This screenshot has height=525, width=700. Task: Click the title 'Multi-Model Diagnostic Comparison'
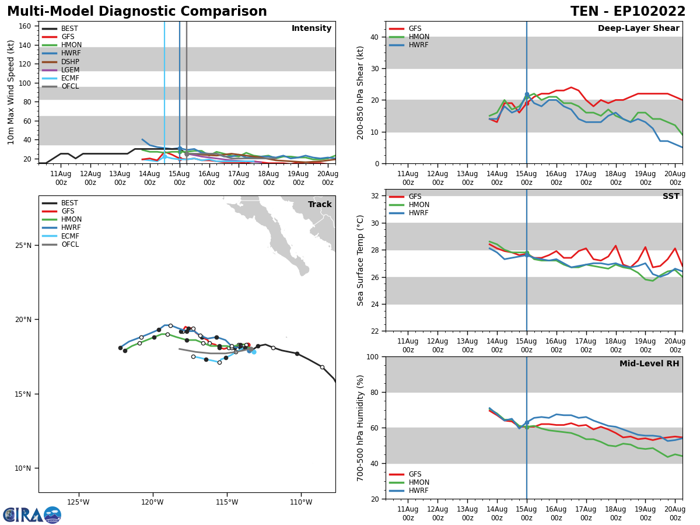pyautogui.click(x=137, y=12)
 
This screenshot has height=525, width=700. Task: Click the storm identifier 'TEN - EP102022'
pyautogui.click(x=628, y=12)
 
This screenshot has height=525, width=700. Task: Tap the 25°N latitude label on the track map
pyautogui.click(x=23, y=246)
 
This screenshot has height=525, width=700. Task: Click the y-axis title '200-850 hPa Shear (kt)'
pyautogui.click(x=361, y=92)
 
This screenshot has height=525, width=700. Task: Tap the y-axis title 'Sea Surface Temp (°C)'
pyautogui.click(x=361, y=260)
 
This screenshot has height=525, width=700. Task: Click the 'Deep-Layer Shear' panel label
pyautogui.click(x=638, y=29)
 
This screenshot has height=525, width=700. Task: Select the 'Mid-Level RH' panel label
pyautogui.click(x=649, y=364)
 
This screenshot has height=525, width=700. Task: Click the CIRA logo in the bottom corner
pyautogui.click(x=32, y=515)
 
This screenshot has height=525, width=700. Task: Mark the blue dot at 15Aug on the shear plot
pyautogui.click(x=527, y=94)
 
